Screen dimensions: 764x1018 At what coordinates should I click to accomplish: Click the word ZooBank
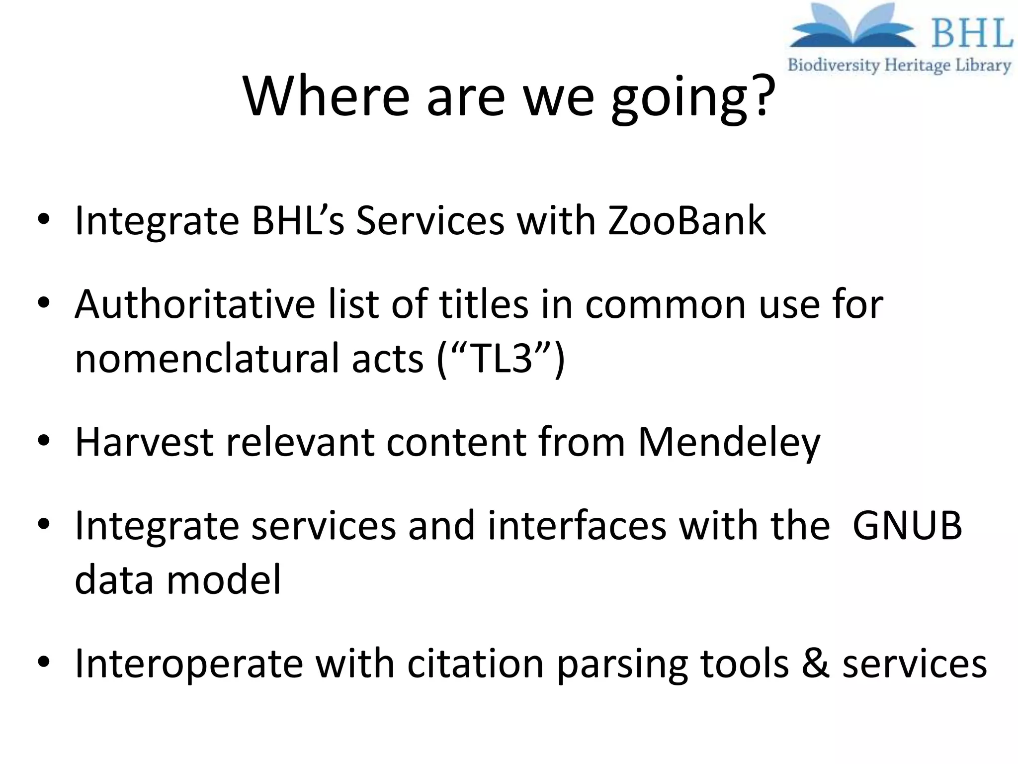tap(686, 221)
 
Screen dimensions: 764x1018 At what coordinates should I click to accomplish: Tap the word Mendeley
tap(729, 442)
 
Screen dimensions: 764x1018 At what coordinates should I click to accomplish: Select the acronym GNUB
tap(907, 526)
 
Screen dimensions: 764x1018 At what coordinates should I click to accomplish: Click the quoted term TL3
tap(501, 358)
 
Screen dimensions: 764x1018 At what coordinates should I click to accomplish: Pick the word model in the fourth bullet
tap(224, 580)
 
